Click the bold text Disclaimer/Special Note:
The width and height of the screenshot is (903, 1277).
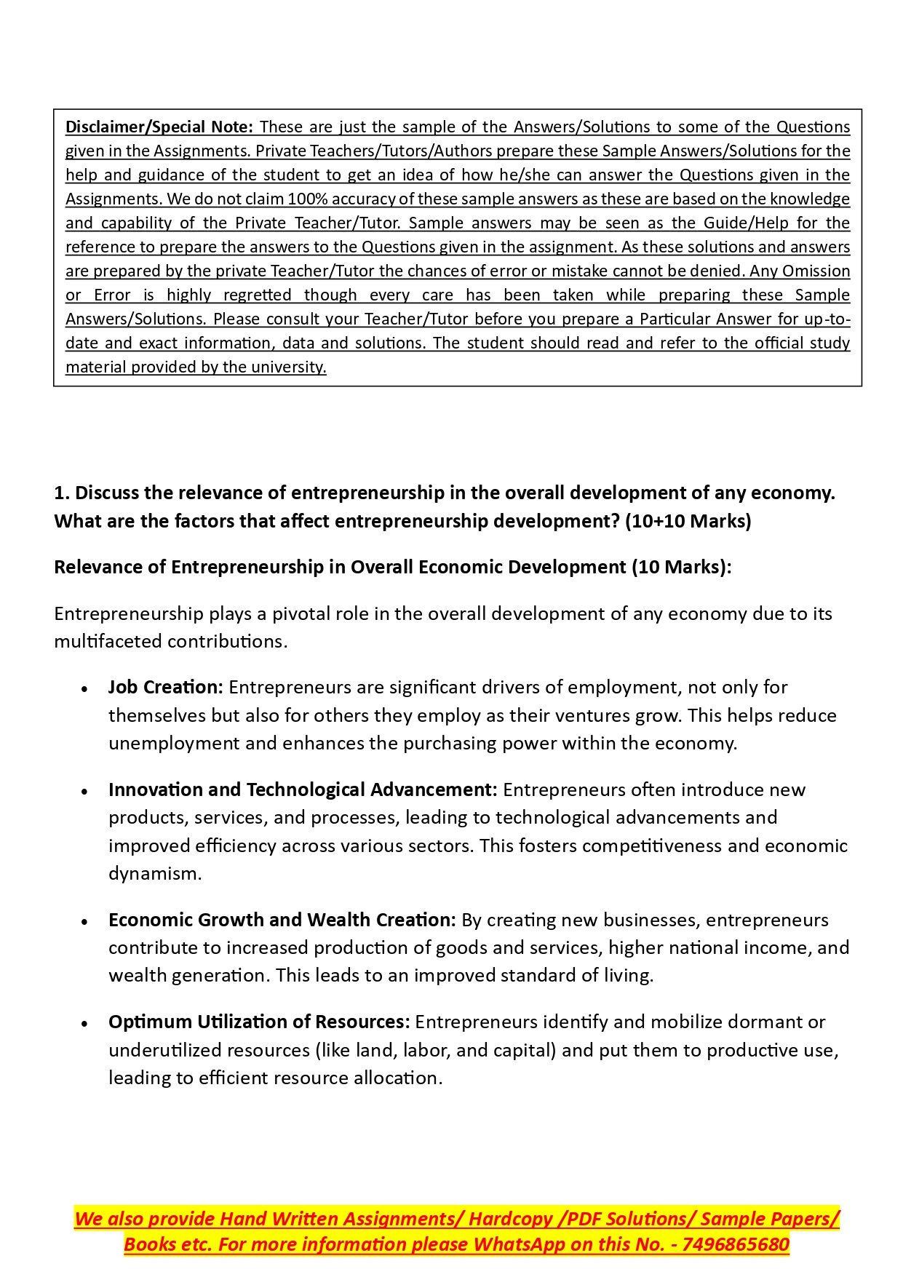pos(159,127)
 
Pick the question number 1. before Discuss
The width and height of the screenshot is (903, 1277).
pos(61,493)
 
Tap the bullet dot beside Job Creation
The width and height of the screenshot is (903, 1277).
pos(85,688)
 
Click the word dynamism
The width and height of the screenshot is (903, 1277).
pos(154,873)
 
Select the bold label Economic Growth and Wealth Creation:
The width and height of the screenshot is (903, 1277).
pos(282,920)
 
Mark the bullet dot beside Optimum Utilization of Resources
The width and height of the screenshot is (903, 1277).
pos(85,1023)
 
